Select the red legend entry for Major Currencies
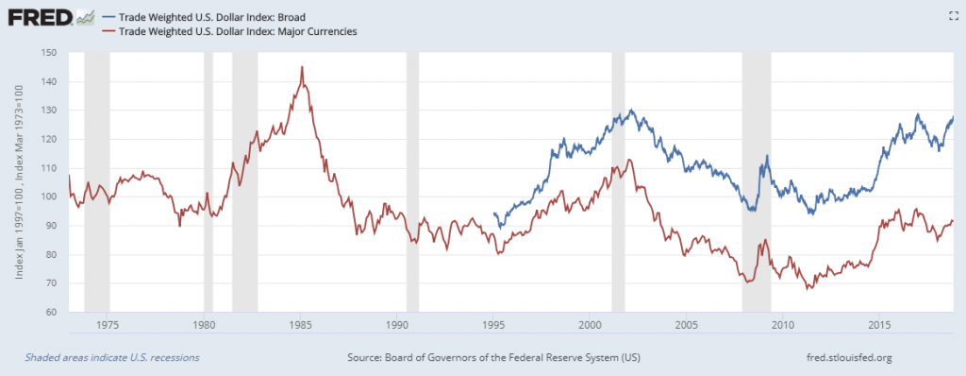tap(231, 31)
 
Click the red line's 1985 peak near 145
tap(301, 67)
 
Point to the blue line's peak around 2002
tap(631, 111)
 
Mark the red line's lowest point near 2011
tap(808, 287)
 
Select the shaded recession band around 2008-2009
tap(757, 179)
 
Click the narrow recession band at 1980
tap(208, 179)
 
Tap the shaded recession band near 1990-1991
tap(412, 179)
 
